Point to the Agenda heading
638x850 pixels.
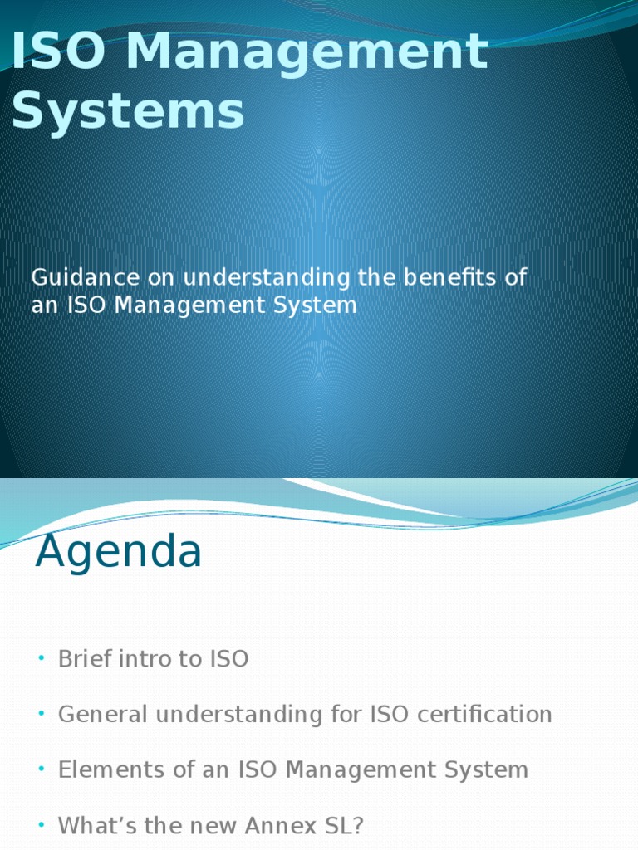click(x=118, y=551)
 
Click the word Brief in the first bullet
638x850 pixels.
click(x=86, y=659)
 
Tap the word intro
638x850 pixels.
click(x=146, y=659)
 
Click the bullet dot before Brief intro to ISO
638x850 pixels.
click(x=39, y=659)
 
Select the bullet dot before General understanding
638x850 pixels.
click(x=39, y=714)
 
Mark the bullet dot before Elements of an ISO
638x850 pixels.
click(x=39, y=769)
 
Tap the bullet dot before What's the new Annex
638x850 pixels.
click(x=39, y=826)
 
